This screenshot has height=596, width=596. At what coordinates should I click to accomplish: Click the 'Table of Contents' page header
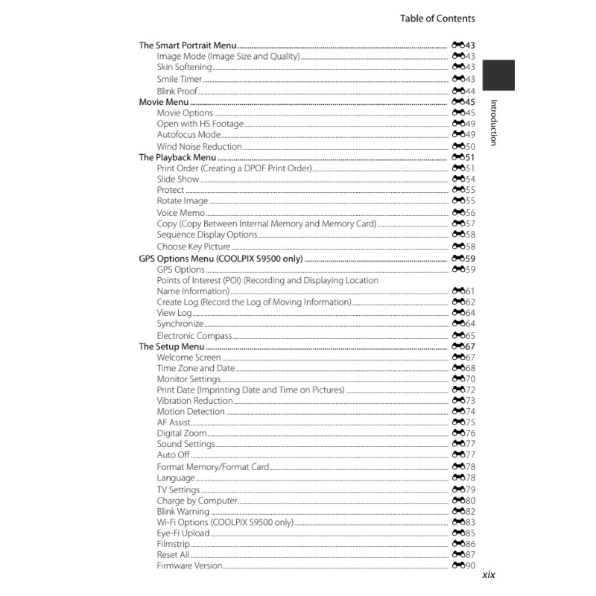[437, 19]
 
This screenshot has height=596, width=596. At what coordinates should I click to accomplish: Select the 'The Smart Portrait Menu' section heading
[188, 45]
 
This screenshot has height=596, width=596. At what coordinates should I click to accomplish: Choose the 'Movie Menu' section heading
[164, 101]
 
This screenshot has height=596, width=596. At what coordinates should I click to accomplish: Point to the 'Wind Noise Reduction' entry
[199, 147]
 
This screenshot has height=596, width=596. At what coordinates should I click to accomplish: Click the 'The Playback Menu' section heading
[177, 158]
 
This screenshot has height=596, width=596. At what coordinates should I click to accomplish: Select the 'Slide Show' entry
[177, 180]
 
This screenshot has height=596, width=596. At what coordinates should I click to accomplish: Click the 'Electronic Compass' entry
[194, 336]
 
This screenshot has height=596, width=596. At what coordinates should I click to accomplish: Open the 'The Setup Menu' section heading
[171, 346]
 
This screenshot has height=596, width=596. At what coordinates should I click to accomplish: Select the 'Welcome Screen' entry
[188, 358]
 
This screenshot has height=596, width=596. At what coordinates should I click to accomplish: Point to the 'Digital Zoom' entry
[181, 434]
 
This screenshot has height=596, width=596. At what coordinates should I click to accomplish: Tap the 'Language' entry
[176, 478]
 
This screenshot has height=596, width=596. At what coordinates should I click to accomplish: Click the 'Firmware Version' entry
[189, 566]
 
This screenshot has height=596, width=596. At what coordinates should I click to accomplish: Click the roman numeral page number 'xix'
[489, 575]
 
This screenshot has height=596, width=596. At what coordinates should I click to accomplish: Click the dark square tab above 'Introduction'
[498, 75]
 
